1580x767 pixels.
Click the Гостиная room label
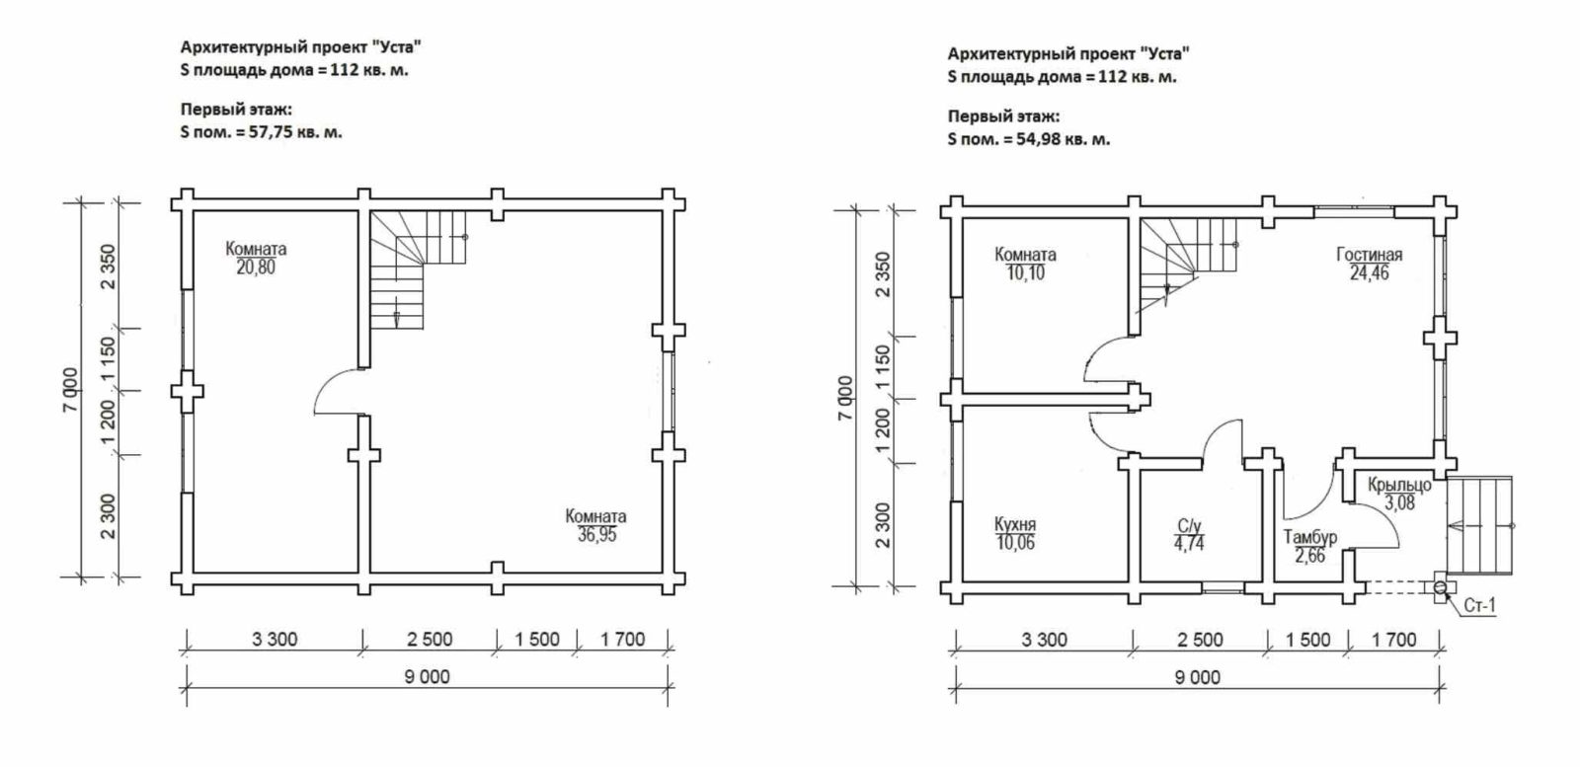point(1369,255)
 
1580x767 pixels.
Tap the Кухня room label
point(1015,524)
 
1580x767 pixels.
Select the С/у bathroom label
point(1189,526)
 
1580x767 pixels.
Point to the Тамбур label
point(1309,537)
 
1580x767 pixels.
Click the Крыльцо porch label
point(1399,485)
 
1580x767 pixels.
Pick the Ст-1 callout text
point(1480,605)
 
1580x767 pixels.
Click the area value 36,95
point(596,535)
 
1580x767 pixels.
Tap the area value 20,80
point(256,268)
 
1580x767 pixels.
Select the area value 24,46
point(1369,272)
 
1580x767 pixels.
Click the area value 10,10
point(1026,272)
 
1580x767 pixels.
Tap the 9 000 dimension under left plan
point(427,677)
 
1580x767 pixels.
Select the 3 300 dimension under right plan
point(1044,640)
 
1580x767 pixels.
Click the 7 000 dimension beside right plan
point(845,398)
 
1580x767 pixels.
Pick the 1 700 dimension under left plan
point(623,640)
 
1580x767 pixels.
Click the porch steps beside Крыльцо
point(1480,526)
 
